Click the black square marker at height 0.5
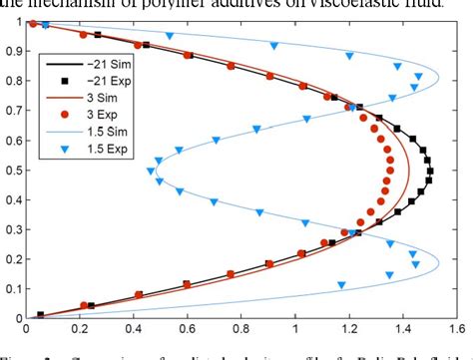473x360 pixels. tap(430, 171)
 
